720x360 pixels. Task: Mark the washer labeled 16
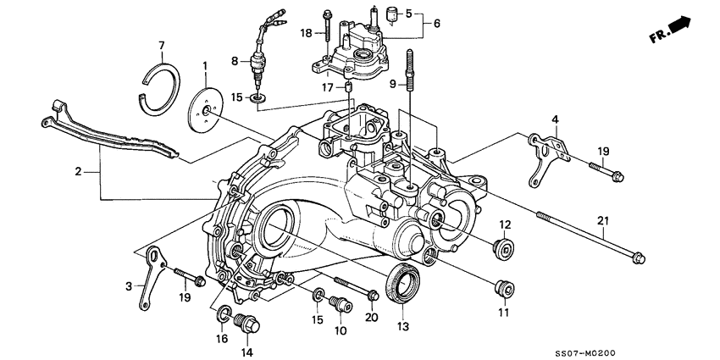[x=223, y=316]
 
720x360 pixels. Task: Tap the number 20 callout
[x=371, y=318]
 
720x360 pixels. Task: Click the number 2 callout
[x=78, y=172]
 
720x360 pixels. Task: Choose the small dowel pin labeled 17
[x=347, y=88]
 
